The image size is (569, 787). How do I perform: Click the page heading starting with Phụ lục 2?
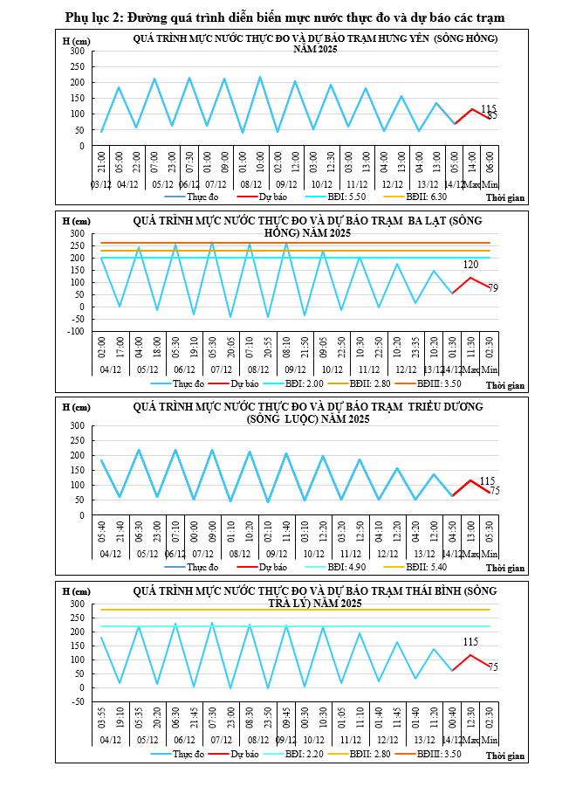coord(284,17)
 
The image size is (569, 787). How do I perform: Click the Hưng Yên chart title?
coord(315,44)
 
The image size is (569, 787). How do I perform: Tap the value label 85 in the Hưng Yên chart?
coord(492,115)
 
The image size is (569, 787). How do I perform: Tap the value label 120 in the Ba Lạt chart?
coord(471,265)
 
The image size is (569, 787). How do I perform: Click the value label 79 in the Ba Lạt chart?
coord(493,289)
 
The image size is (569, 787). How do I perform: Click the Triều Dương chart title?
coord(315,413)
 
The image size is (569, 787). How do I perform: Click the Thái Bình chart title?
coord(315,597)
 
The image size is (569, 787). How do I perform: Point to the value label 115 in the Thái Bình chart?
coord(471,642)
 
